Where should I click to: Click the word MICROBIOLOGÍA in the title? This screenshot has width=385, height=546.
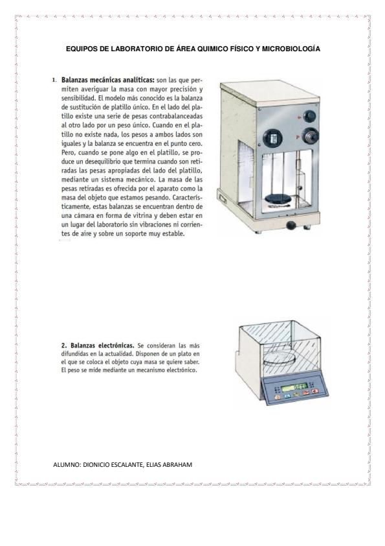click(291, 49)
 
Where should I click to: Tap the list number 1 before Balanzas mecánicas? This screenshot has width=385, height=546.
click(54, 80)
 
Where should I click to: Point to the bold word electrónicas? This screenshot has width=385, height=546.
click(116, 346)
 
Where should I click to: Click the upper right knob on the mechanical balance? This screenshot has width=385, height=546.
click(309, 116)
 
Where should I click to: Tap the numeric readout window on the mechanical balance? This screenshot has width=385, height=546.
click(272, 137)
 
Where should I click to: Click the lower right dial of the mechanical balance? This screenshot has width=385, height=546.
click(310, 136)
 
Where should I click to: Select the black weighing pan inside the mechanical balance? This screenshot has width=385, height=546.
click(278, 199)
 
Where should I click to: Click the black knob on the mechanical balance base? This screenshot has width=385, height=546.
click(291, 225)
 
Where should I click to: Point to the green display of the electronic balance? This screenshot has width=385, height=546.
click(294, 387)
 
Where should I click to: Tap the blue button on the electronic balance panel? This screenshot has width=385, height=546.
click(287, 396)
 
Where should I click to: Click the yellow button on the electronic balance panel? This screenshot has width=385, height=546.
click(296, 394)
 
